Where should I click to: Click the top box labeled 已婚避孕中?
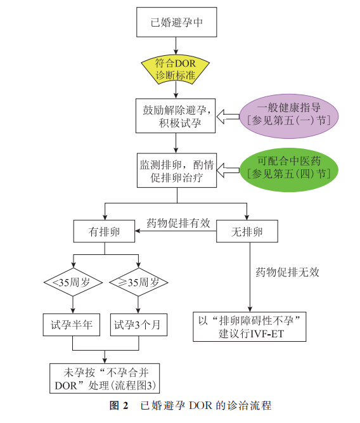(x=177, y=22)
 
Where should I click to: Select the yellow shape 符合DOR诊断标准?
(x=176, y=70)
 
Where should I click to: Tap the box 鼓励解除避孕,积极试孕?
(x=176, y=115)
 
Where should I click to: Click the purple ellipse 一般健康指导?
(x=289, y=116)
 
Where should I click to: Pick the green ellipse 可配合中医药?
(x=289, y=170)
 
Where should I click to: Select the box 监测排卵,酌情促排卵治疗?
(x=177, y=170)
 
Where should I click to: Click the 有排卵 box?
(x=104, y=231)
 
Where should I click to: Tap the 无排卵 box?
(x=247, y=231)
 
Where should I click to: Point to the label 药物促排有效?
(x=178, y=223)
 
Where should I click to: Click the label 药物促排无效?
(x=288, y=272)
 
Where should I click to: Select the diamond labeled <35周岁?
(x=73, y=282)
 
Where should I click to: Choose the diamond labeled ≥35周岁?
(x=139, y=282)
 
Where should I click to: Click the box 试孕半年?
(x=72, y=325)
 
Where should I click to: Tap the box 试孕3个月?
(x=139, y=325)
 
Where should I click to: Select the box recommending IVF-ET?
(x=250, y=327)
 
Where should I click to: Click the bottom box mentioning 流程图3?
(x=105, y=378)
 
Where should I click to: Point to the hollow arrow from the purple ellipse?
(x=228, y=117)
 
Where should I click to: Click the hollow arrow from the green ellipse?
(x=228, y=170)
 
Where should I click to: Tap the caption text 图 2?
(x=119, y=405)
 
